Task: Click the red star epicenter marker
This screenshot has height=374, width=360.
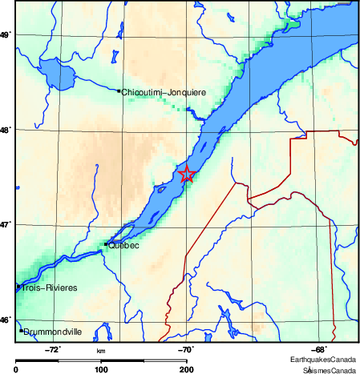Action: coord(187,174)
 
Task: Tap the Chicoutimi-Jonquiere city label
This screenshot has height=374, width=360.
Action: coord(164,92)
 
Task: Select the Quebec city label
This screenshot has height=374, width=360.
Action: coord(123,245)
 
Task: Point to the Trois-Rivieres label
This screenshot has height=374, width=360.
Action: coord(51,287)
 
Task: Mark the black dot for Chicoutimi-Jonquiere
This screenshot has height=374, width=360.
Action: coord(119,91)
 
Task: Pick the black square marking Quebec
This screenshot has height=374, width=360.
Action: coord(106,244)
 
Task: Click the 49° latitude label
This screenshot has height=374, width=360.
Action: coord(6,35)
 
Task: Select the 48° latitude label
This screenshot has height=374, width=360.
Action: coord(6,130)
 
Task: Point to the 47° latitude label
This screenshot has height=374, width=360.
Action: coord(6,225)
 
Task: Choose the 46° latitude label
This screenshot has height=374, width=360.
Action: coord(6,320)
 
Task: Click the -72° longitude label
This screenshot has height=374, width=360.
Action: coord(54,348)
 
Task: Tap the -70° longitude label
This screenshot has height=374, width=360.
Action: coord(185,348)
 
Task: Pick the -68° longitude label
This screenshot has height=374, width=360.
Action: coord(317,348)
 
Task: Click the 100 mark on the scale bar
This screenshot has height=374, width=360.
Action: coord(101,368)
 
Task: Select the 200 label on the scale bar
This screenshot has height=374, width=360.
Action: coord(186,368)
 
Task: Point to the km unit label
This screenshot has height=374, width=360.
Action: coord(101,351)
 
